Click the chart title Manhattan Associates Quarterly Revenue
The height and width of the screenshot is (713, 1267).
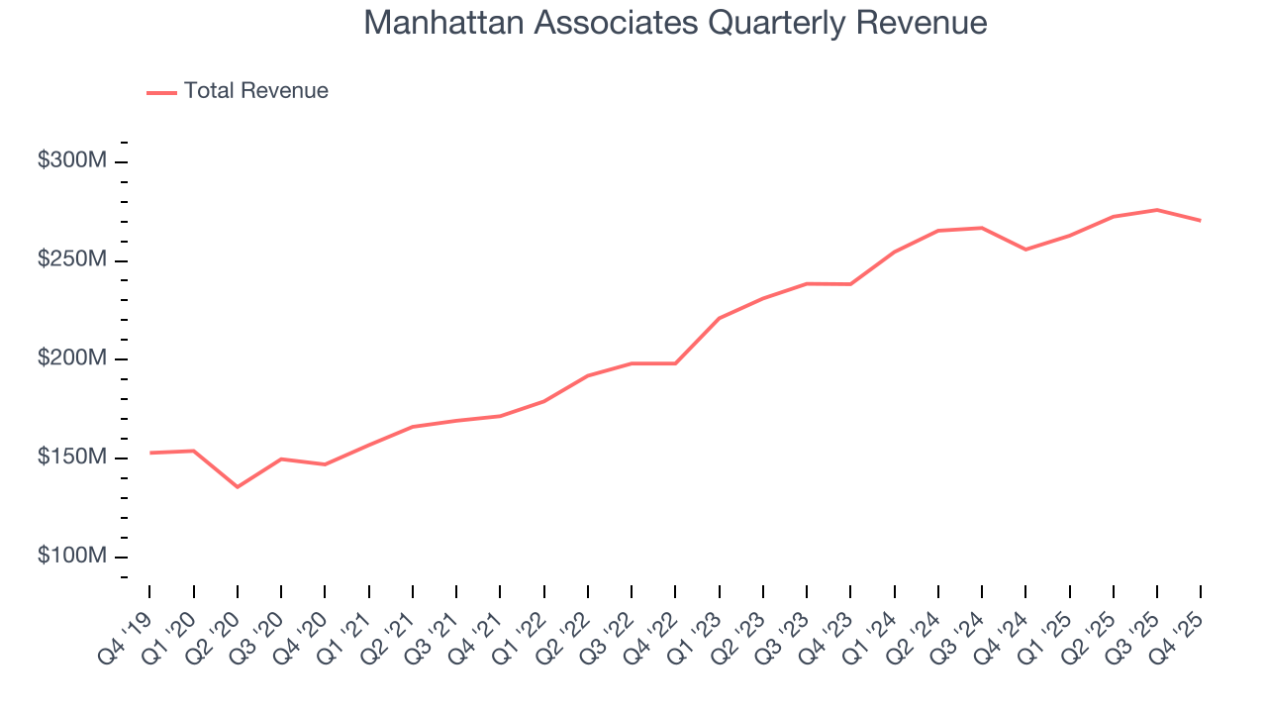coord(675,23)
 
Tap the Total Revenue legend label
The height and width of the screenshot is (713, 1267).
coord(255,91)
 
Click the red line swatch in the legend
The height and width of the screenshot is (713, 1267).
coord(161,92)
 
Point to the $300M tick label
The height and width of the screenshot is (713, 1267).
coord(71,160)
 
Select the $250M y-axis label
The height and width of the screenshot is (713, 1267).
coord(71,259)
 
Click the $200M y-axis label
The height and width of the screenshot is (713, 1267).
coord(71,358)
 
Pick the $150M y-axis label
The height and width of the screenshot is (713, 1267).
coord(71,458)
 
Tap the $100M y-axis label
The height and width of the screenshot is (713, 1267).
coord(71,557)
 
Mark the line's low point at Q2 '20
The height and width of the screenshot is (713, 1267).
coord(238,487)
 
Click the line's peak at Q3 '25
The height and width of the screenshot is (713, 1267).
coord(1156,210)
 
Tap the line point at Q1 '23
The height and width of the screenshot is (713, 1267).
coord(719,318)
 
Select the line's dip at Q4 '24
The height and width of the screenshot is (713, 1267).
coord(1025,250)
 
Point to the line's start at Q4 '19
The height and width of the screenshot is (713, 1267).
coord(150,453)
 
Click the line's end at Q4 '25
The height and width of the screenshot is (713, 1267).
coord(1200,220)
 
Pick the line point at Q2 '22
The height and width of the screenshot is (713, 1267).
coord(588,375)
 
